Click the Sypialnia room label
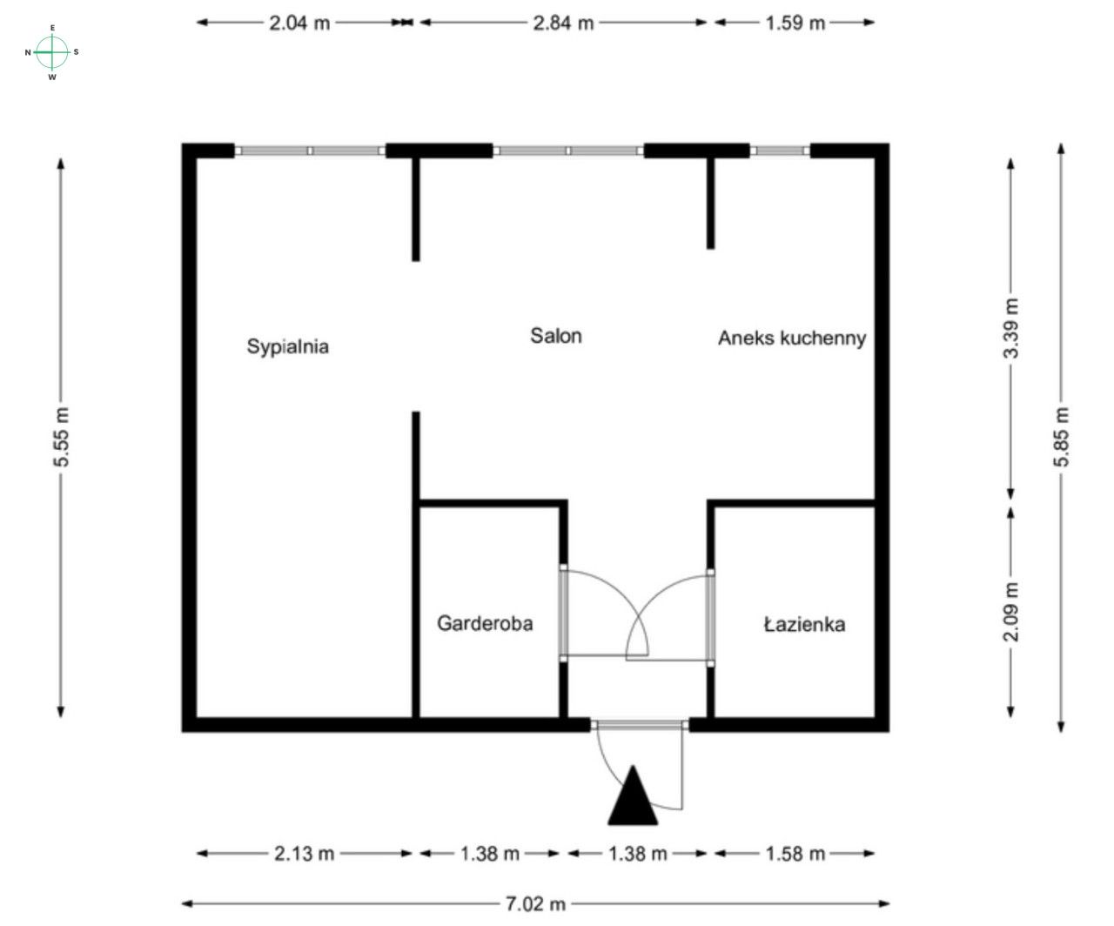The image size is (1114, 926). tap(287, 346)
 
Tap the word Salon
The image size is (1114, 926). tap(555, 336)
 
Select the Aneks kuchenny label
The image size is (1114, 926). tap(791, 338)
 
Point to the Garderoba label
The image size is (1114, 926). tap(484, 623)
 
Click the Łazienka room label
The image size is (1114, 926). tap(804, 624)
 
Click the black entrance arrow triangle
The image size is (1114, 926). tap(633, 796)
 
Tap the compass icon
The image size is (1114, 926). tap(52, 52)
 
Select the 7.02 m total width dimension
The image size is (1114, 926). tap(535, 904)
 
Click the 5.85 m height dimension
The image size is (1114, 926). tap(1062, 437)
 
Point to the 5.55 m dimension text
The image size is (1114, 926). tap(62, 437)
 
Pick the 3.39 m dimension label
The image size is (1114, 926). tap(1010, 328)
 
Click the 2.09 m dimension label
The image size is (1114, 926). tap(1010, 612)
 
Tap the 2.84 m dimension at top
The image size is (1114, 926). tap(563, 23)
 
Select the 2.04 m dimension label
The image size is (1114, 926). tap(299, 23)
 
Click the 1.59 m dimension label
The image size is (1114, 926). tap(795, 23)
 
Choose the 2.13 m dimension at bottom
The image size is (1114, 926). tap(304, 854)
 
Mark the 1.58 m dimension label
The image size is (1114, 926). tap(795, 854)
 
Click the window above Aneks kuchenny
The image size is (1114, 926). tap(780, 151)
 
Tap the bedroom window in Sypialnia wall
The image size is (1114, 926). tap(311, 151)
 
